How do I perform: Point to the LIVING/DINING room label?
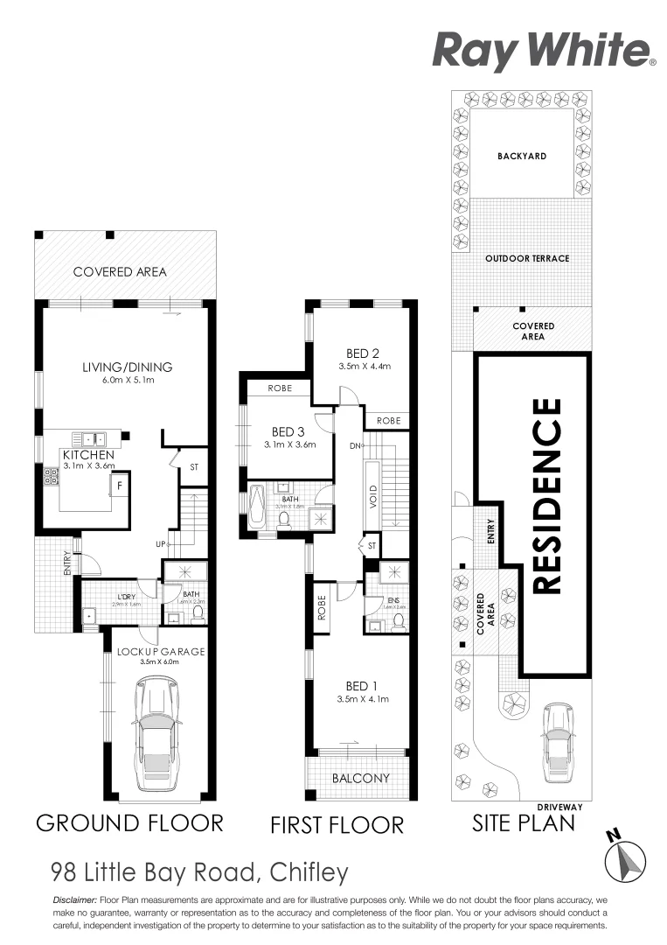[x=122, y=367]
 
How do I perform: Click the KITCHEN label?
[x=87, y=456]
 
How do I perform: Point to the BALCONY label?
[x=361, y=778]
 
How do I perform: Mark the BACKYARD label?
[x=522, y=156]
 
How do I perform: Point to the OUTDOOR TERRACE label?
[x=527, y=258]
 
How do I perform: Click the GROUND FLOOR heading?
[x=129, y=822]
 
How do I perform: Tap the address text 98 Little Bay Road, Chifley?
[x=199, y=872]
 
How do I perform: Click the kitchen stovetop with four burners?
[x=52, y=477]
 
